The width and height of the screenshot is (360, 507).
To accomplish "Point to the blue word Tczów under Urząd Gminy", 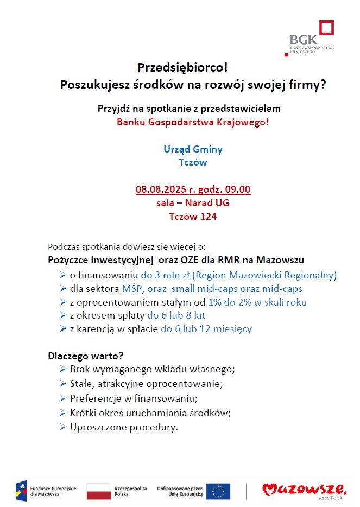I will [x=193, y=162].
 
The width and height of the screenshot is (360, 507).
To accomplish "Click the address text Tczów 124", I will [x=193, y=216].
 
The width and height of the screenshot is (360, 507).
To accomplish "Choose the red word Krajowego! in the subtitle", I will [x=243, y=122].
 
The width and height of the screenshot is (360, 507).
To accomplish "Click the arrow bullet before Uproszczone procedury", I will [x=63, y=427].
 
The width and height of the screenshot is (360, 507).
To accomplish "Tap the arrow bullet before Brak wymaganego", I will [x=63, y=369].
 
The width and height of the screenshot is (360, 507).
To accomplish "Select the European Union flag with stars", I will [x=218, y=491].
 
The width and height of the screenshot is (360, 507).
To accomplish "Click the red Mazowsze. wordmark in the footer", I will [x=304, y=489].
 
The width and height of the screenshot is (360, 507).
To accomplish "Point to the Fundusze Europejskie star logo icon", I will [x=21, y=491].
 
